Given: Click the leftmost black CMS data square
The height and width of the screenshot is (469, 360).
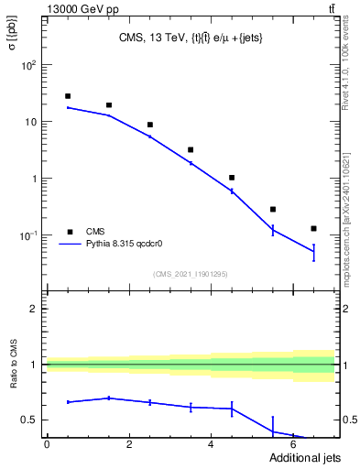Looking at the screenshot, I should [68, 96].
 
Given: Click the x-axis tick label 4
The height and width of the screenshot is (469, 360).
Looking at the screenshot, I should [212, 444].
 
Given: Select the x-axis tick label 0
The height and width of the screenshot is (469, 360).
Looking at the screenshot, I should [47, 444].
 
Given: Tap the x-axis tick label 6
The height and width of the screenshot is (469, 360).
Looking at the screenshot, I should [293, 444].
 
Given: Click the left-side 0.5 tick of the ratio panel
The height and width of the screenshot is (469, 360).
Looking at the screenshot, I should [32, 420].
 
